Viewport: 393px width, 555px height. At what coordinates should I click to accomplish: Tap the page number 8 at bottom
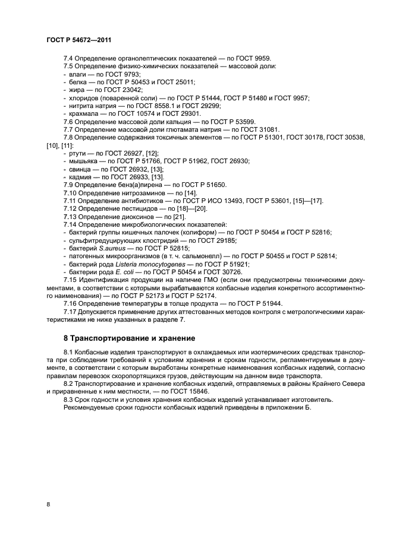(48, 504)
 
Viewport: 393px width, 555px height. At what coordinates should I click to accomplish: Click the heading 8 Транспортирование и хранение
(130, 338)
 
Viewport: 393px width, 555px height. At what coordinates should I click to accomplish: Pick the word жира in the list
(76, 89)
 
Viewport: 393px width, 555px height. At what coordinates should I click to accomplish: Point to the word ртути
(77, 153)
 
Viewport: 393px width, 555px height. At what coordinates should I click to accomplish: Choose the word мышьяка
(84, 160)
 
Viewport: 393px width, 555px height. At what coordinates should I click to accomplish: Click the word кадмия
(80, 176)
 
